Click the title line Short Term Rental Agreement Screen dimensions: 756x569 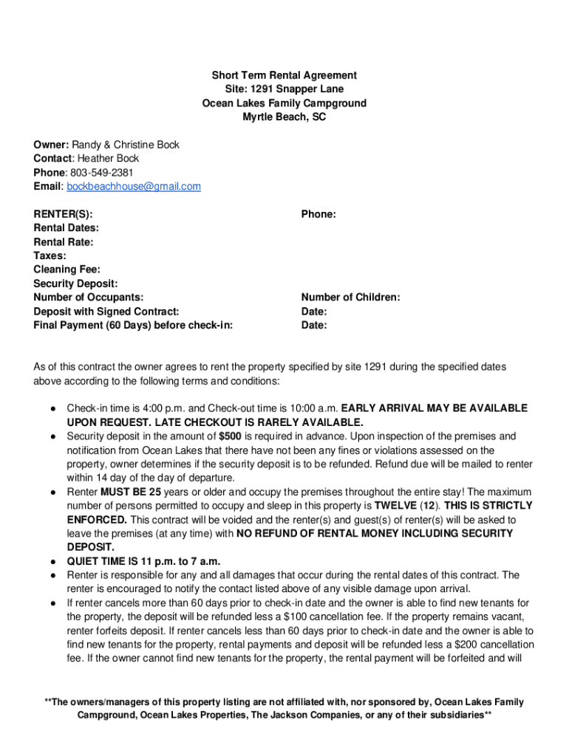tap(284, 75)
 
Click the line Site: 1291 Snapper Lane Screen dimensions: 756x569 tap(284, 89)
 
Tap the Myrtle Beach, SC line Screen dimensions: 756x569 tap(284, 117)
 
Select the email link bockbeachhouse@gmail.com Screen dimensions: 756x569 tap(134, 187)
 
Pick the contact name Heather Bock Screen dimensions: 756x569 tap(108, 159)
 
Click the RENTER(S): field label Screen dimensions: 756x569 tap(63, 214)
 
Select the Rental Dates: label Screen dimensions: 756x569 tap(66, 228)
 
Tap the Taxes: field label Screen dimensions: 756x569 tap(50, 255)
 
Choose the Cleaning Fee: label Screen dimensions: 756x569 tap(67, 269)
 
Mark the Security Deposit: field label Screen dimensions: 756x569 tap(75, 283)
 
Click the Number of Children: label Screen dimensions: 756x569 tap(350, 298)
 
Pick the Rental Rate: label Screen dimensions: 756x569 tap(64, 242)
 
